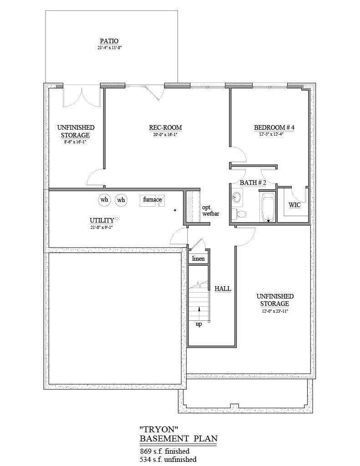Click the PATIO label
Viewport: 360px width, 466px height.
coord(109,41)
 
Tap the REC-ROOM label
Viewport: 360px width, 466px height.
coord(165,127)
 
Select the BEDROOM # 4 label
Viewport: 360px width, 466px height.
coord(274,127)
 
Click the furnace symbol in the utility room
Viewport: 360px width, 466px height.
coord(152,200)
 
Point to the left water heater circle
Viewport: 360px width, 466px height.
coord(104,199)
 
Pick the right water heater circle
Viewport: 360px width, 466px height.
coord(121,200)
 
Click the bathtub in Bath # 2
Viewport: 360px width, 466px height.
coord(268,208)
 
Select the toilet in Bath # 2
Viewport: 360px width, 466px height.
coord(239,213)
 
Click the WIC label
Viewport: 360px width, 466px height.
coord(294,205)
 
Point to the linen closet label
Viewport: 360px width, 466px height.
coord(198,258)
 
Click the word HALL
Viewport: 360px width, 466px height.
coord(223,288)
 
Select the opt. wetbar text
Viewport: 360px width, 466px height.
coord(210,210)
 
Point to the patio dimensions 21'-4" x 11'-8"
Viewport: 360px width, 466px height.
coord(109,47)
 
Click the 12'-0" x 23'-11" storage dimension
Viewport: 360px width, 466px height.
coord(275,311)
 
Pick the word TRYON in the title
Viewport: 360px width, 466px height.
coord(159,429)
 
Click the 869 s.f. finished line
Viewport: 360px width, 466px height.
coord(164,451)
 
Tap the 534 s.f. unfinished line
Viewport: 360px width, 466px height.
coord(168,459)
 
